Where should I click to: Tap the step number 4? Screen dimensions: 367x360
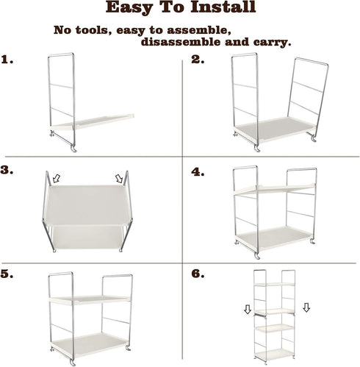(x=197, y=171)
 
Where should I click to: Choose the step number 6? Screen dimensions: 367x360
(x=197, y=274)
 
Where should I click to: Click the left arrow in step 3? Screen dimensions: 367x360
(x=55, y=177)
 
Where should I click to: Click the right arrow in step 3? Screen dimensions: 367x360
(x=118, y=178)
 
